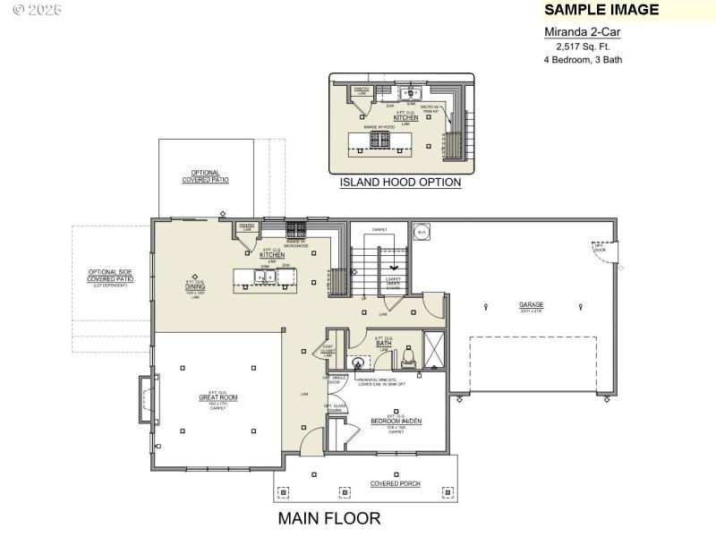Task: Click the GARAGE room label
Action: coord(531,305)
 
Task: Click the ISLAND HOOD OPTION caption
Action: coord(400,183)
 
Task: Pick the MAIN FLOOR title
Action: coord(328,518)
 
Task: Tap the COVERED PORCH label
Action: coord(396,484)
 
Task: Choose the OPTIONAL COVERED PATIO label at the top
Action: coord(205,176)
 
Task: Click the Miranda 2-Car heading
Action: coord(582,31)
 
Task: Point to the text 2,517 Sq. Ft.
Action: coord(582,46)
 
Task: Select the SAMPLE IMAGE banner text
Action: coord(601,10)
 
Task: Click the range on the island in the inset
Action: coord(374,140)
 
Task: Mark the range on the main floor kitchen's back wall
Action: coord(296,229)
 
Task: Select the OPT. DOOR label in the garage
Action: coord(601,248)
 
